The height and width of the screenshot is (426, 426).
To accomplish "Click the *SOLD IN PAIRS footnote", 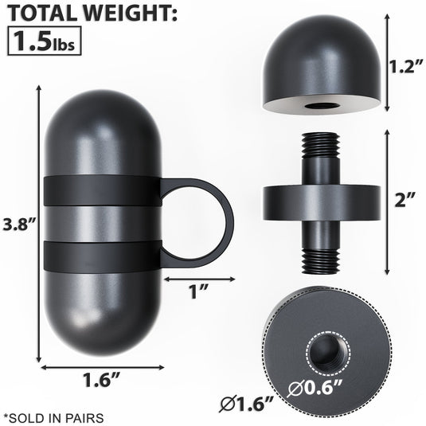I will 53,416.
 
